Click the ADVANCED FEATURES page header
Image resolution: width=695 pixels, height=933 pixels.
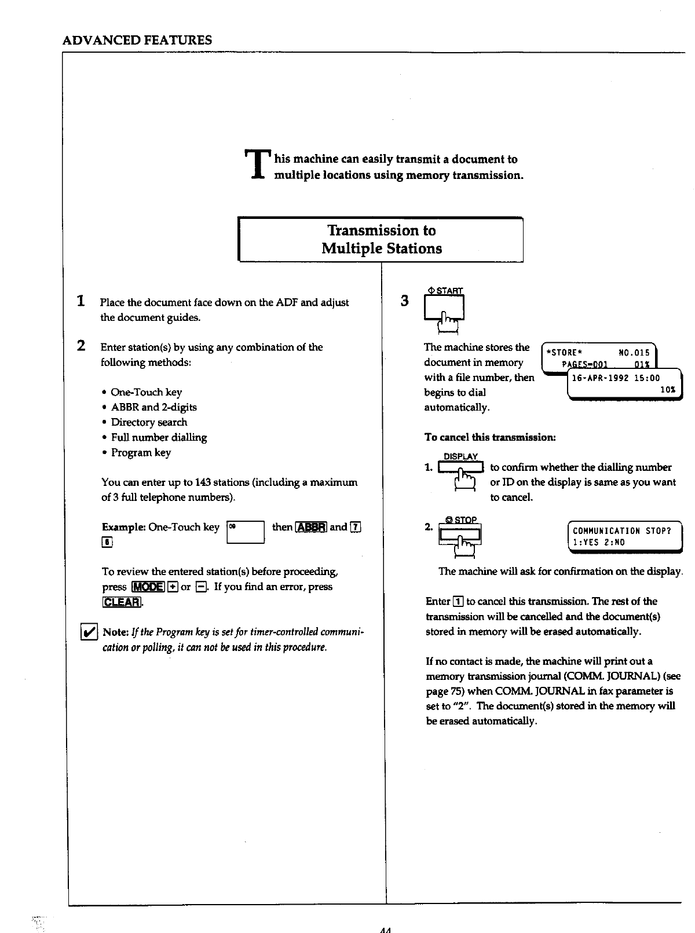pyautogui.click(x=137, y=40)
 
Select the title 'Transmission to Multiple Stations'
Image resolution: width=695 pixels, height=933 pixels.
pyautogui.click(x=382, y=239)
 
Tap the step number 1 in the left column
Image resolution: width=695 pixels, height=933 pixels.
pyautogui.click(x=82, y=301)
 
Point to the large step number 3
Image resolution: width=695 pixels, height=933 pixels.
pyautogui.click(x=405, y=301)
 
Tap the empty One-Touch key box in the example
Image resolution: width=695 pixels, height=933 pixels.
pyautogui.click(x=246, y=532)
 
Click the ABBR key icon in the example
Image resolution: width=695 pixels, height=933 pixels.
pyautogui.click(x=312, y=527)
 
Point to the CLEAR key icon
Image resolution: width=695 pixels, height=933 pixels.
pyautogui.click(x=122, y=602)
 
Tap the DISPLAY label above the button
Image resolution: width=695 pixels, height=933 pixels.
pyautogui.click(x=460, y=456)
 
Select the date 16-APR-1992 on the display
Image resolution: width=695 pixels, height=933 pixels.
pyautogui.click(x=600, y=378)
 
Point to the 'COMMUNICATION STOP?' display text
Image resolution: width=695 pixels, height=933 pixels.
pyautogui.click(x=621, y=530)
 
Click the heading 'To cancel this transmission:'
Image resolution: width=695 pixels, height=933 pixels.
pyautogui.click(x=491, y=437)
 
